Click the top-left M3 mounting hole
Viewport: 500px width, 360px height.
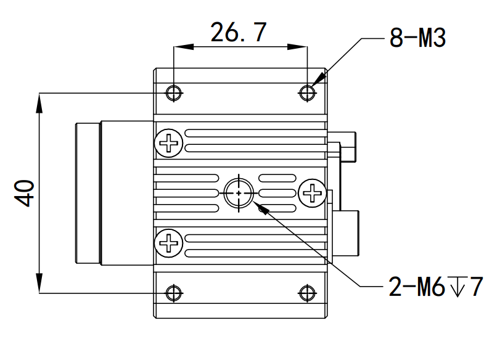[174, 93]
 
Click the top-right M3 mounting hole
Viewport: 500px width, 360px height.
[307, 93]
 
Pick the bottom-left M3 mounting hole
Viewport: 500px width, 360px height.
[174, 293]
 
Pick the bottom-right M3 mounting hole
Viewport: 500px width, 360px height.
[307, 293]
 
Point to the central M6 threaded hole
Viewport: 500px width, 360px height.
[239, 193]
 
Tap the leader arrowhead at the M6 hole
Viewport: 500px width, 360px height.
[261, 209]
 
